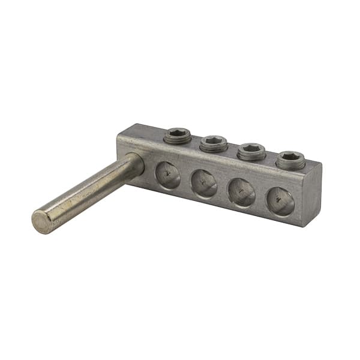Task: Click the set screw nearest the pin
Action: click(178, 136)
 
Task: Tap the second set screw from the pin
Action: click(214, 143)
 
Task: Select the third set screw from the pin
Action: click(251, 151)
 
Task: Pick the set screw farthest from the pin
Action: click(290, 160)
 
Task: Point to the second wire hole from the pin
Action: click(204, 184)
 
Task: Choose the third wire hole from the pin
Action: click(241, 193)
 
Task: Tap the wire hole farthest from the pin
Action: click(280, 201)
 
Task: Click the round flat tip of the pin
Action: click(41, 222)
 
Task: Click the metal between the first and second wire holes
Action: click(185, 181)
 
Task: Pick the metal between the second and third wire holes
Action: click(223, 188)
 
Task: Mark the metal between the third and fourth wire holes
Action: click(260, 197)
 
